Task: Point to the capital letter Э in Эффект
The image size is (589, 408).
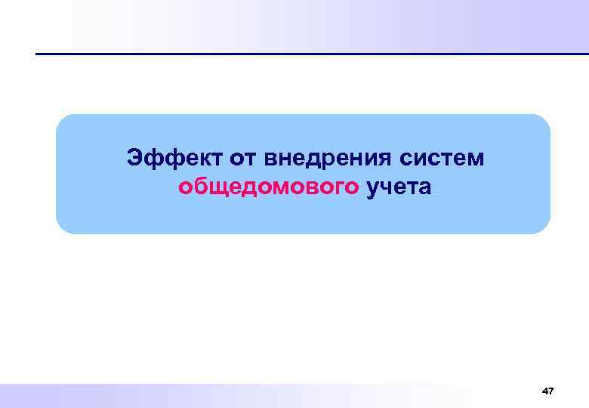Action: [134, 159]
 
